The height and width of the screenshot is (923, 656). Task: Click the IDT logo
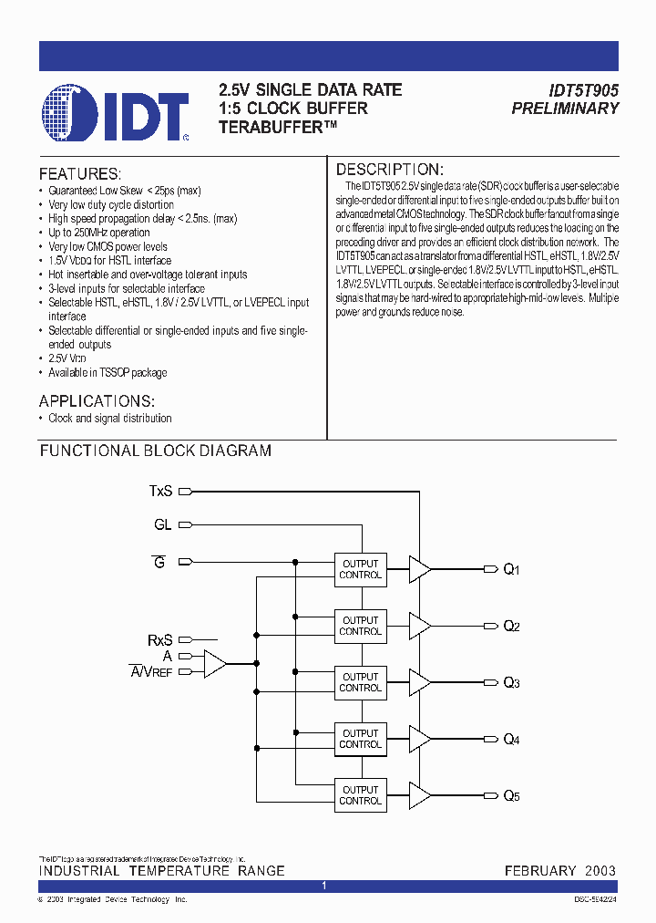[115, 113]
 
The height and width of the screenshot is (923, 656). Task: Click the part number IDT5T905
[583, 90]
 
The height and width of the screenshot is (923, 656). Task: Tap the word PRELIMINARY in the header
[565, 109]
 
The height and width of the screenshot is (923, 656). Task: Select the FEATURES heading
[80, 173]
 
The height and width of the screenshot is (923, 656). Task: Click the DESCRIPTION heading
[390, 170]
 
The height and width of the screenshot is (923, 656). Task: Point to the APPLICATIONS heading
[97, 401]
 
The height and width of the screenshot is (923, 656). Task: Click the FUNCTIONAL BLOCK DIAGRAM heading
[155, 451]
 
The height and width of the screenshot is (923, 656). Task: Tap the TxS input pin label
[160, 491]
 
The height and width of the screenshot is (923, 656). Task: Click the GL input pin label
[162, 524]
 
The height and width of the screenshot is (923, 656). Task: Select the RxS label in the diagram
[160, 640]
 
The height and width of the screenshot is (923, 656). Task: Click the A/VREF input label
[150, 672]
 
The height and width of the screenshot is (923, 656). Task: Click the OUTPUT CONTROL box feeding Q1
[360, 569]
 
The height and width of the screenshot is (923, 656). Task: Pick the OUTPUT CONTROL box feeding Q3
[360, 682]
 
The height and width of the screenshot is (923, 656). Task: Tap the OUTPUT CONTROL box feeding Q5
[360, 795]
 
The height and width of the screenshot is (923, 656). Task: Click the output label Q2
[512, 627]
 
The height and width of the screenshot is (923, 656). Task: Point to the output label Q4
[512, 740]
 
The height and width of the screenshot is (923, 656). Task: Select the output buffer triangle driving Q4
[420, 739]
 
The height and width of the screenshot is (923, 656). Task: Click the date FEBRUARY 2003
[560, 871]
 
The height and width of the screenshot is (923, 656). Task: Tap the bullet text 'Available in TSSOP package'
[108, 372]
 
